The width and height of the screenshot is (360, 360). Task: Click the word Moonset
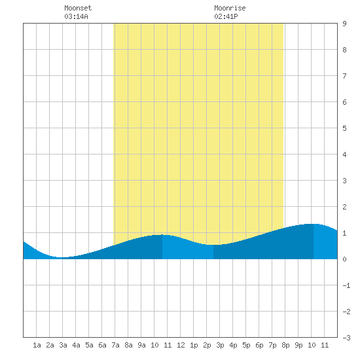78,8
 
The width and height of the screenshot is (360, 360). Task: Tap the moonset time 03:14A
76,16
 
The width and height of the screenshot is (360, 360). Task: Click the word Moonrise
230,8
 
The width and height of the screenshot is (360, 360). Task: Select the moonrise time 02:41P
226,16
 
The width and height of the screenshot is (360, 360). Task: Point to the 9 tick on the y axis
344,24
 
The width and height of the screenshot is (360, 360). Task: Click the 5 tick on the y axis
344,128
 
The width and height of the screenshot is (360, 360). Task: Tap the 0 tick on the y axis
344,259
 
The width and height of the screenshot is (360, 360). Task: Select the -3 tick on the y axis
346,338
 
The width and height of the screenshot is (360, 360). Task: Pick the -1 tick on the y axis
346,285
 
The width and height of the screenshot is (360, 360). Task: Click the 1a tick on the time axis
37,345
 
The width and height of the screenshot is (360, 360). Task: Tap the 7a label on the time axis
115,345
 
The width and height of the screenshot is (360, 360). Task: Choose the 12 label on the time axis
181,345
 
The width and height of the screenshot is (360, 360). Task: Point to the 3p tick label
220,345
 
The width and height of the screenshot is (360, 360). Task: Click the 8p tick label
285,345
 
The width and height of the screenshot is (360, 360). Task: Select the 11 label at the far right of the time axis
325,345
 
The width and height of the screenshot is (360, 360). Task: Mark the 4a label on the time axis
76,345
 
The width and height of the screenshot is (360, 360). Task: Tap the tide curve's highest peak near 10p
313,224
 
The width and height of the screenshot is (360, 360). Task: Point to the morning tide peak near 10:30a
162,234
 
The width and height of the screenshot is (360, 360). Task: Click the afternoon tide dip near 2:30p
213,245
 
